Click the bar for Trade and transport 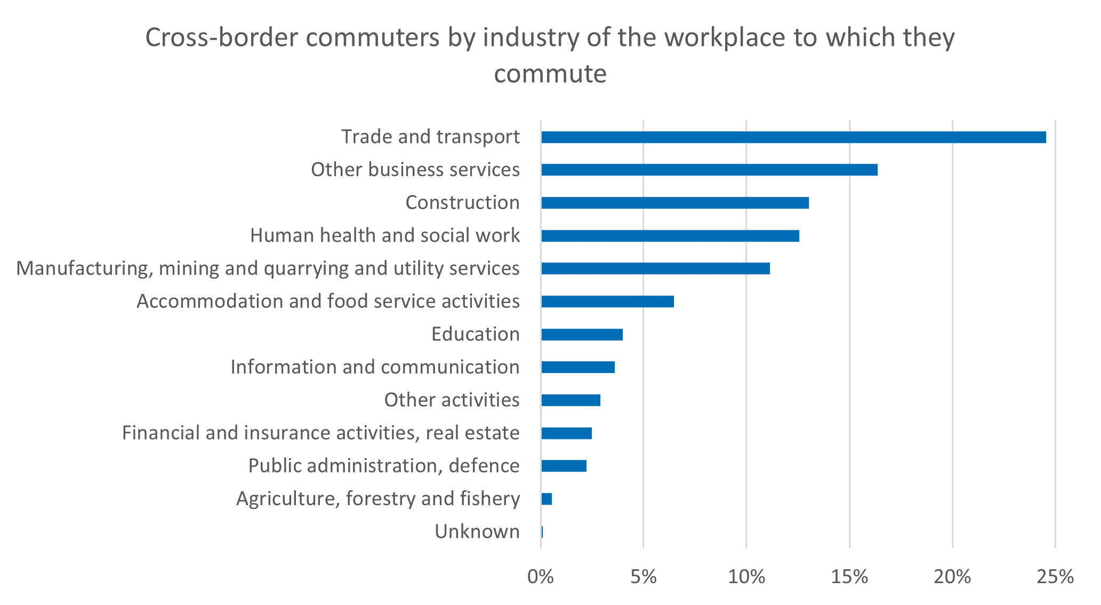click(793, 137)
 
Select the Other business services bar click(709, 170)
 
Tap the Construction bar click(674, 203)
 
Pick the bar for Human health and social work click(670, 236)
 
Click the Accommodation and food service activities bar click(607, 301)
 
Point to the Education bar click(582, 335)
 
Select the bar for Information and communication click(577, 367)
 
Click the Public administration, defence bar click(564, 466)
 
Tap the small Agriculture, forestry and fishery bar click(547, 499)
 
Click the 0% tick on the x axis click(541, 577)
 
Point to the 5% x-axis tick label click(644, 577)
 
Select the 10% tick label click(746, 577)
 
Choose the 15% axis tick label click(849, 577)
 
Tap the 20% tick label click(952, 577)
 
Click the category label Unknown click(477, 532)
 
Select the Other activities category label click(452, 400)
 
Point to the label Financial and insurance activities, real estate click(321, 433)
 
